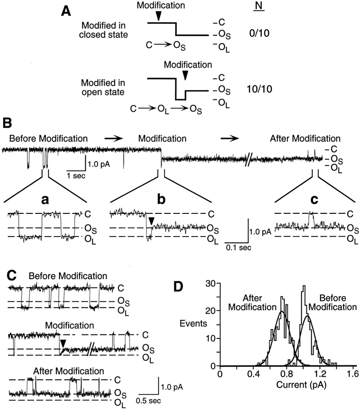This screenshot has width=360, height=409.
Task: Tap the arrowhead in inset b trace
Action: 152,221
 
